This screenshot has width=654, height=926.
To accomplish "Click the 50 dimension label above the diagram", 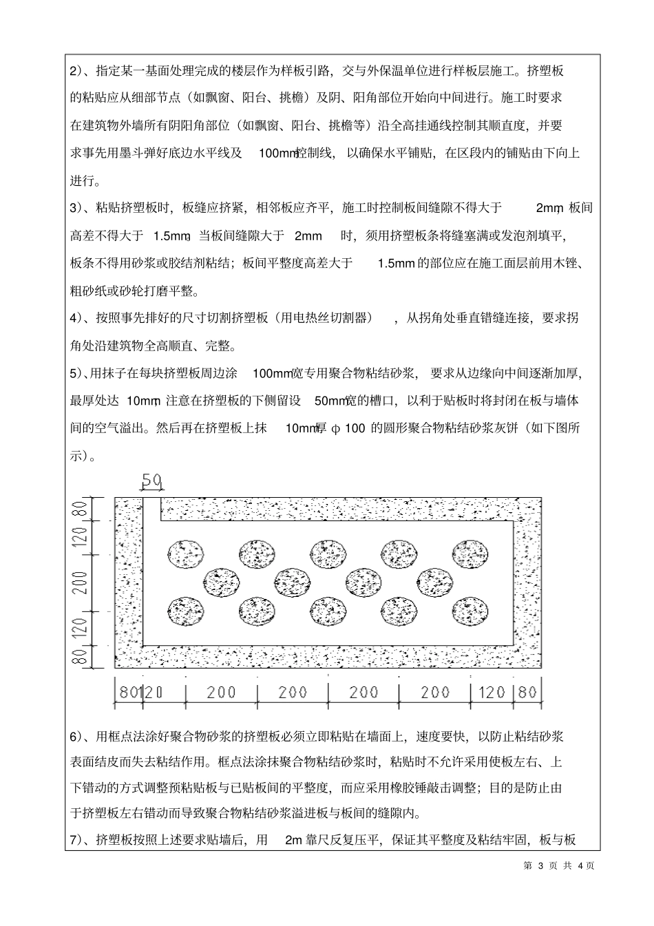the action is coord(151,480).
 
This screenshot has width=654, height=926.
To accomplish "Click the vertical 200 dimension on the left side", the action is coord(81,582).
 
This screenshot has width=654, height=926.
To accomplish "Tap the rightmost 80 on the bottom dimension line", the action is coord(527,691).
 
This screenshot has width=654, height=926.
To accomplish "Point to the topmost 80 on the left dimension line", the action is coord(81,511).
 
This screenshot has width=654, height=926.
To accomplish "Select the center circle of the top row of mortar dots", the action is coord(328,554).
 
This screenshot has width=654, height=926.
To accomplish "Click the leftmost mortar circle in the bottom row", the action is coord(187,611).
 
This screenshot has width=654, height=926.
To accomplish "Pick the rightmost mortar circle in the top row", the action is coord(470,554).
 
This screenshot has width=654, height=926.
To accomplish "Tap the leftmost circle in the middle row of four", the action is coord(221,582).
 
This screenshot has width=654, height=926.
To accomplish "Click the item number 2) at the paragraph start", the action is coord(78,71).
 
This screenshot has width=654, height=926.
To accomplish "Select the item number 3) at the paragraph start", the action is coord(78,207).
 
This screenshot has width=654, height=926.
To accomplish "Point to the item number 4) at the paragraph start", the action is coord(78,317).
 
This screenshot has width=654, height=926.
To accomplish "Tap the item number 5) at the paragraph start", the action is coord(78,373).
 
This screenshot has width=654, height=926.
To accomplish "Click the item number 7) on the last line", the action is coord(78,839).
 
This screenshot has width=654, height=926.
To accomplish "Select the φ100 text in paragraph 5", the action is coord(348,428).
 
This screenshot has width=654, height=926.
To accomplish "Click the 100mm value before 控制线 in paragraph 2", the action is coord(277,153).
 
